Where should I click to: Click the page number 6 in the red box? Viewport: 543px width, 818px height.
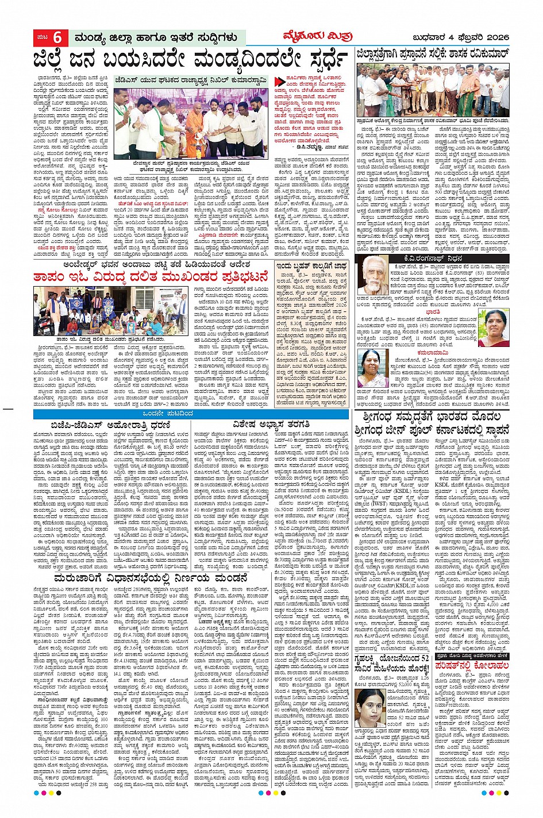pyautogui.click(x=57, y=38)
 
